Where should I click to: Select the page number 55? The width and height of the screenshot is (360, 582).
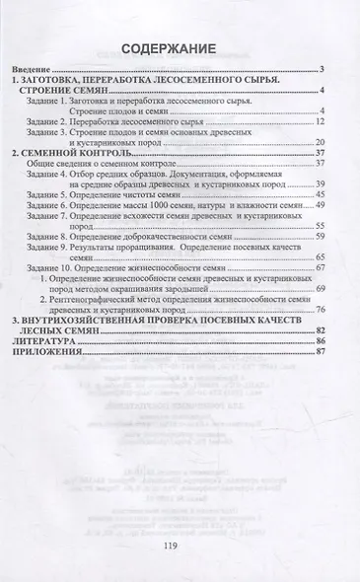tap(322, 211)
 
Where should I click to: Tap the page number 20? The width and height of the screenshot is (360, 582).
tap(322, 143)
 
